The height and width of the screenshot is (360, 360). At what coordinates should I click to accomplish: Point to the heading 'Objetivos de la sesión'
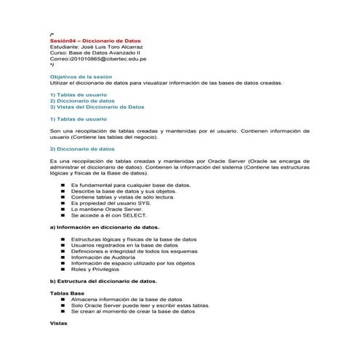tap(80, 76)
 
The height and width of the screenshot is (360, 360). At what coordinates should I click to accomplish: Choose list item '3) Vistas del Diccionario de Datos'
tap(97, 106)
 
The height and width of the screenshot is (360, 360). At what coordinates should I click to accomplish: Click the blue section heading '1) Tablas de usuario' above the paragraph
tap(78, 118)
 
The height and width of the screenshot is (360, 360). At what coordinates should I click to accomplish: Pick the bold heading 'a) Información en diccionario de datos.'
tap(99, 227)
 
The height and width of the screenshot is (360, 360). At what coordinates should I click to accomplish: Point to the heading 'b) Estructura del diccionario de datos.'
tap(103, 280)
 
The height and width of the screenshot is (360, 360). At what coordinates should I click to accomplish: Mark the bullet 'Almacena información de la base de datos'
tap(126, 298)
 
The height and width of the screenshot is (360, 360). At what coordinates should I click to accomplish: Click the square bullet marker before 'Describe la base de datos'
tap(63, 191)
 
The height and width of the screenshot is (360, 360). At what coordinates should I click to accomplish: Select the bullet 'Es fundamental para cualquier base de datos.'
tap(131, 185)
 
